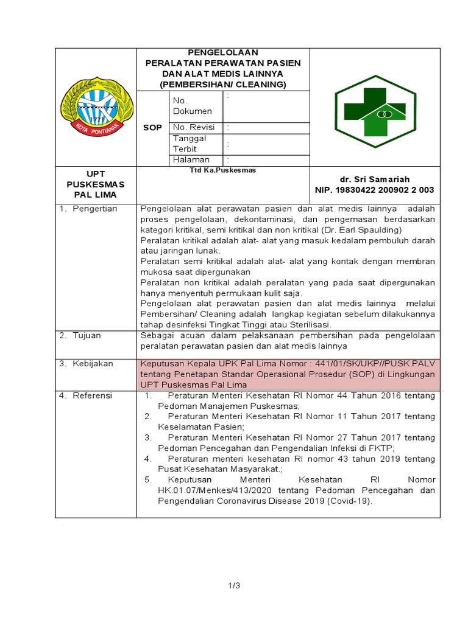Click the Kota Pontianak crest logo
[93, 107]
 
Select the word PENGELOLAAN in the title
[223, 53]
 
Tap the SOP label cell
[152, 128]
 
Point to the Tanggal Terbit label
[190, 144]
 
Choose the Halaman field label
[191, 159]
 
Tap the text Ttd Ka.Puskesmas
[214, 172]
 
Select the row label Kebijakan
[93, 363]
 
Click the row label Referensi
[93, 395]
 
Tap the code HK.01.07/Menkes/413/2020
[210, 490]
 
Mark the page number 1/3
[234, 586]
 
